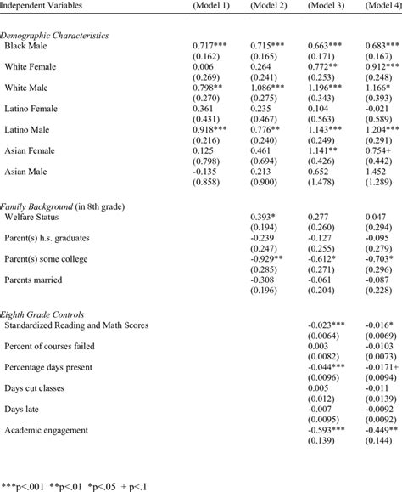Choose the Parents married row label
(36, 279)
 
